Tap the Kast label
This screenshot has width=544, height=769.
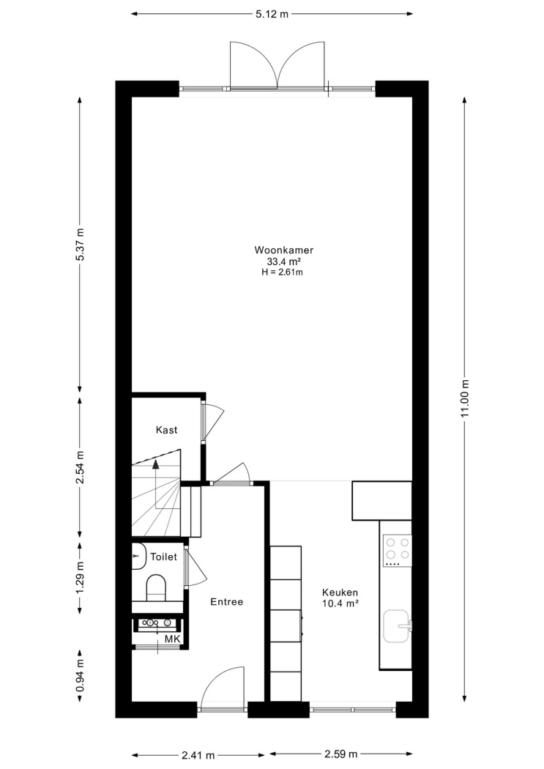click(x=167, y=430)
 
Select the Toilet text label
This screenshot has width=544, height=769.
click(x=164, y=557)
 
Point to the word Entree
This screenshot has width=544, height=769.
click(x=227, y=602)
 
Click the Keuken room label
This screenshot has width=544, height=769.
click(x=340, y=592)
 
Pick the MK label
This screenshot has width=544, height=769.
click(x=173, y=639)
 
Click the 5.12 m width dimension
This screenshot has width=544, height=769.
click(x=272, y=14)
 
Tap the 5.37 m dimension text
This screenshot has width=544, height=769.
click(x=81, y=245)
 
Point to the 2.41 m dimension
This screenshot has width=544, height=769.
click(x=198, y=755)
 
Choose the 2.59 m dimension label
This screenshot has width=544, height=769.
click(x=341, y=754)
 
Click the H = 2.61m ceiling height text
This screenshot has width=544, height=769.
click(x=283, y=272)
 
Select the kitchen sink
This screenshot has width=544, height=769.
click(x=398, y=625)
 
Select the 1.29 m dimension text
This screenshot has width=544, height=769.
click(x=81, y=577)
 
